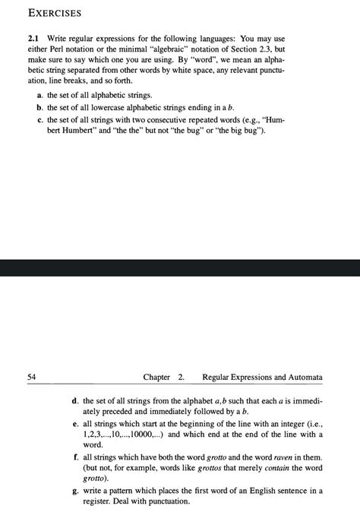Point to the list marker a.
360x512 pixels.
pyautogui.click(x=39, y=96)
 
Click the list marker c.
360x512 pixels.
pyautogui.click(x=39, y=120)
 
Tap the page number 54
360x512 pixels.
pyautogui.click(x=31, y=377)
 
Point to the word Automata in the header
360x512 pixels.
pyautogui.click(x=302, y=377)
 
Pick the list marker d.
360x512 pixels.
pyautogui.click(x=74, y=400)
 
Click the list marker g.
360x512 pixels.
pyautogui.click(x=74, y=491)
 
